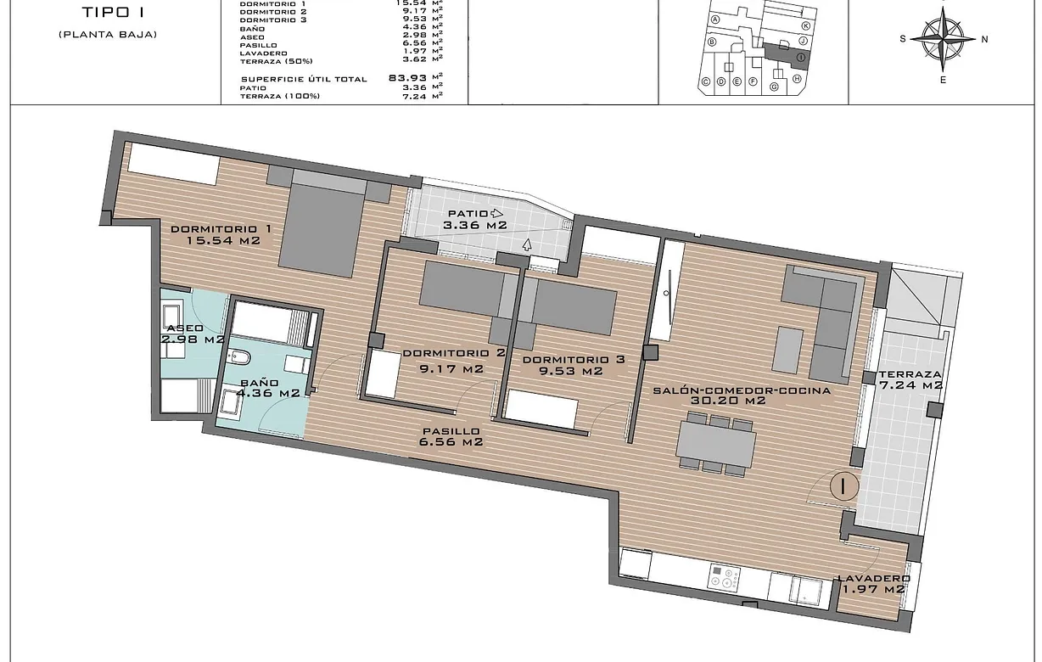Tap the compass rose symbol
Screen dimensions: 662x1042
point(943,38)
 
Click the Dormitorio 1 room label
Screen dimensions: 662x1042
point(221,235)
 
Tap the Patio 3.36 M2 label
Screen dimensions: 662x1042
point(473,220)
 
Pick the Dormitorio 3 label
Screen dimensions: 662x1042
point(573,365)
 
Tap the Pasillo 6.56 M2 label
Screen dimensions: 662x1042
point(452,436)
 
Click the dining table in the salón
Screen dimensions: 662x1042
point(716,443)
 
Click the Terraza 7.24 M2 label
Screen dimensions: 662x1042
point(910,379)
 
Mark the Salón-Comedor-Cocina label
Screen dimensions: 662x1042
point(741,396)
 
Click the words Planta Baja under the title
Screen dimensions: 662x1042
point(108,34)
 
